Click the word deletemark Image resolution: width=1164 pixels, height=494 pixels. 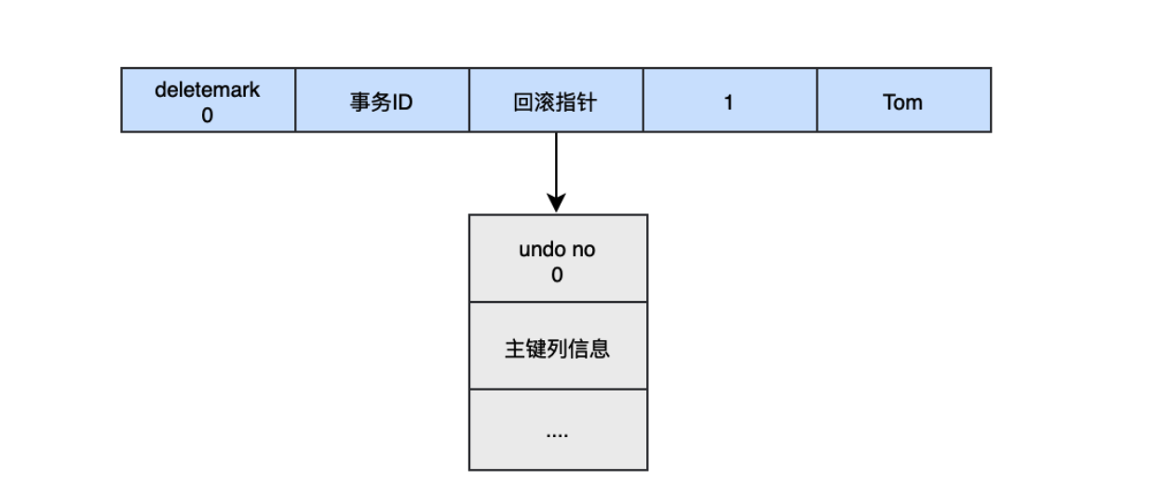(208, 90)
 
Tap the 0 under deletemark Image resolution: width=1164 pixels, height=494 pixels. (208, 116)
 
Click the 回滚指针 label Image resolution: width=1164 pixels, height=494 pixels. (556, 102)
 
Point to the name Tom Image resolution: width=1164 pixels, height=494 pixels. (902, 102)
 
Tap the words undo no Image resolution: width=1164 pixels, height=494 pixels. (557, 250)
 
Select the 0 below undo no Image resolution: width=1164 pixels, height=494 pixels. (557, 275)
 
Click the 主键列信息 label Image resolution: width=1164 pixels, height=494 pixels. (557, 349)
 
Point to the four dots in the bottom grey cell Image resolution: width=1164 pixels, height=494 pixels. (557, 432)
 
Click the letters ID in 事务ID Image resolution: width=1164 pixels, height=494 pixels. (401, 102)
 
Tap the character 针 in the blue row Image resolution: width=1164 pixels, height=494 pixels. (588, 102)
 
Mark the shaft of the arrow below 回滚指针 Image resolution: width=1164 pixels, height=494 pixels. (557, 163)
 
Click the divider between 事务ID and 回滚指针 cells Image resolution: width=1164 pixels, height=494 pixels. (469, 100)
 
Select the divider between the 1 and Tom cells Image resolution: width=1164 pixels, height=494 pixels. (817, 100)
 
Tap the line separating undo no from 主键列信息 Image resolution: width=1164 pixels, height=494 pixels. (557, 302)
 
